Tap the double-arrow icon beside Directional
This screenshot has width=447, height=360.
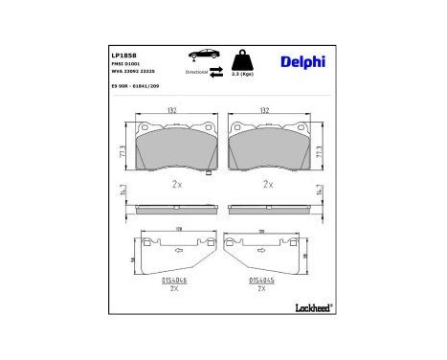[x=217, y=71]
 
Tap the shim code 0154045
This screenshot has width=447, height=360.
[x=261, y=280]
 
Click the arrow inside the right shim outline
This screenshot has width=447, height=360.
[x=259, y=252]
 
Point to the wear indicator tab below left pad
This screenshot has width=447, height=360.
[x=210, y=173]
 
